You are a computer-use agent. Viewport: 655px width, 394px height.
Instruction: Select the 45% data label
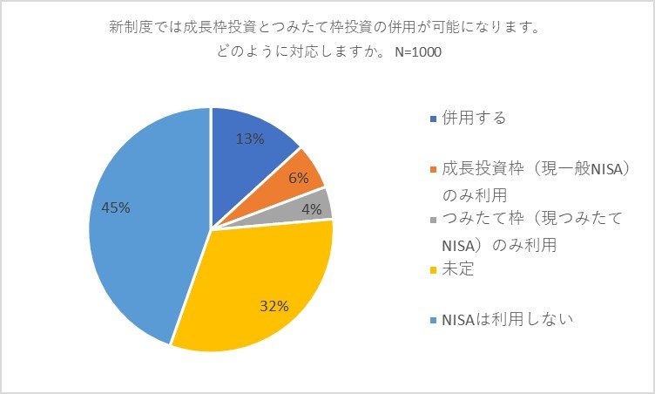pos(115,207)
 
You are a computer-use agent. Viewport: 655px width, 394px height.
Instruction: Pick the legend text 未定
pos(456,270)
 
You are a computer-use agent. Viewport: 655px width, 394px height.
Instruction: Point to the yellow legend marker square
pos(435,270)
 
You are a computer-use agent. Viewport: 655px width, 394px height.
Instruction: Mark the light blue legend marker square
pos(435,319)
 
